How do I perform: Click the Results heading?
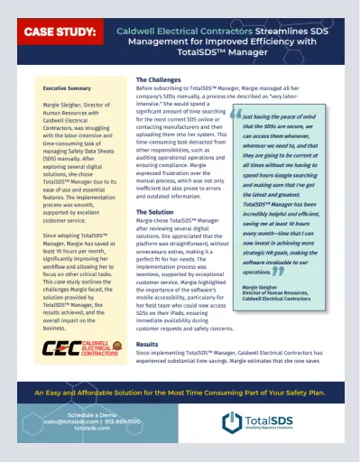click(x=147, y=344)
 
